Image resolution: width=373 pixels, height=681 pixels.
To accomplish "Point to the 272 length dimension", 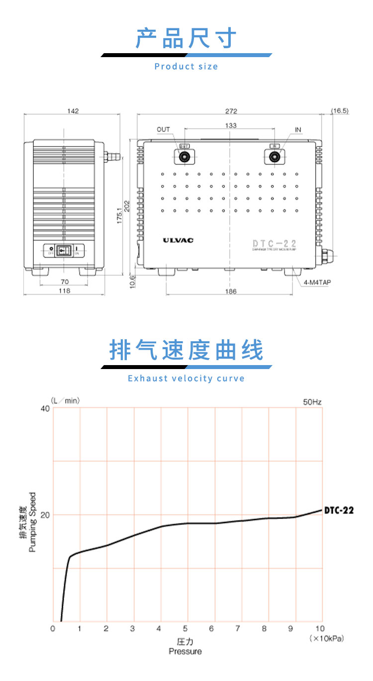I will pos(231,111).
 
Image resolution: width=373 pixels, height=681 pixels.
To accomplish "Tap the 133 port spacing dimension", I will pos(230,126).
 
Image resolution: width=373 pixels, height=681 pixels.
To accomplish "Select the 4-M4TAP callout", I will pos(317,282).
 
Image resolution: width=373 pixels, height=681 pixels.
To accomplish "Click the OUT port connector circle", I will pos(185,157).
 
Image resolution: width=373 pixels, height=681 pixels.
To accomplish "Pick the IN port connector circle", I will pos(274,157).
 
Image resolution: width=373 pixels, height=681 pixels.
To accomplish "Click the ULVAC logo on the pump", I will pos(178,240).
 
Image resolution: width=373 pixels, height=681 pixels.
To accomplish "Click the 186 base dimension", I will pos(230,292).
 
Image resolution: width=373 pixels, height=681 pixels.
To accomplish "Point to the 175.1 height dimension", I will pos(119,215).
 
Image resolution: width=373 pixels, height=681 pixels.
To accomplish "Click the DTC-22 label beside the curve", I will pos(339,510).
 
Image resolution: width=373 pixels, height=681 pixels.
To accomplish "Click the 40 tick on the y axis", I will pos(45,408).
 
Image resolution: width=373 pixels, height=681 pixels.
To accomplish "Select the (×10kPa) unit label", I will pos(326,638).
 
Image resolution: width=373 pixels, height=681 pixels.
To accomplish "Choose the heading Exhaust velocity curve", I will pos(186,378).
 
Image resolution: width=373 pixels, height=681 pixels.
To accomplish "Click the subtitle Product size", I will pos(186,67).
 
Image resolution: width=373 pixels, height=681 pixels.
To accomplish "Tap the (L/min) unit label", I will pos(65,400).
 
